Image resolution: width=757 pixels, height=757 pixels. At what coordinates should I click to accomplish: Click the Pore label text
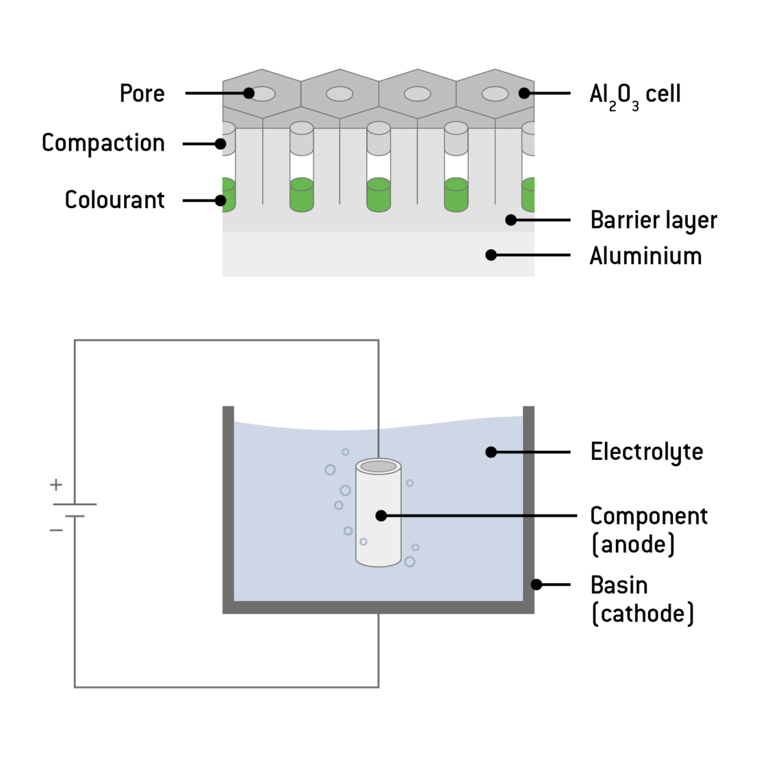[142, 93]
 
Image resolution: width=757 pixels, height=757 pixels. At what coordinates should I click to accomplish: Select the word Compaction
[103, 143]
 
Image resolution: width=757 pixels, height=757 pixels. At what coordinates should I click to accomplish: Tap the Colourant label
[114, 200]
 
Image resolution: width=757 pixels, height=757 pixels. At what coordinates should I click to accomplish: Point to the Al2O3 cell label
[634, 94]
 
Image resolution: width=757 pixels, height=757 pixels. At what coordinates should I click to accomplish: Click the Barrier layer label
[654, 220]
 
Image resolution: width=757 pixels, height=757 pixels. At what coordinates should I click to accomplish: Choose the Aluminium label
[645, 256]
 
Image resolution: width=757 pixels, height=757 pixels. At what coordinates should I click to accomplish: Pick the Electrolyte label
[646, 452]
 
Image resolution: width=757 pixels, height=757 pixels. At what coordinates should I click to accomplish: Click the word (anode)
[633, 545]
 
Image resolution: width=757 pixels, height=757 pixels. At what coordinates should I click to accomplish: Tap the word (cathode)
[642, 613]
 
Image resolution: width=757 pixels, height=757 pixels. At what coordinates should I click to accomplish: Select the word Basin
[619, 585]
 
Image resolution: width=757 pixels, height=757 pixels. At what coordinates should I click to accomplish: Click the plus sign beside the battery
[56, 485]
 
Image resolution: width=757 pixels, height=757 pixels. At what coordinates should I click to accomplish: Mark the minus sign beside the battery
[56, 529]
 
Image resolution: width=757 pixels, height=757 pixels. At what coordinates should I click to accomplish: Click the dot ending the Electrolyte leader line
[491, 452]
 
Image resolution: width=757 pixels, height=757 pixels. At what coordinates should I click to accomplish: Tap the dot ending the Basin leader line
[537, 585]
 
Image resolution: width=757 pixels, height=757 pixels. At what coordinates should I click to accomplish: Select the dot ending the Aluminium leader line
[491, 255]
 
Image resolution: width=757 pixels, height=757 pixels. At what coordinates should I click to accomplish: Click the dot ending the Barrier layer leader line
[511, 220]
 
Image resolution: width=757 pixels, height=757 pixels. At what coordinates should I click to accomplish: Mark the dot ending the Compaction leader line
[220, 144]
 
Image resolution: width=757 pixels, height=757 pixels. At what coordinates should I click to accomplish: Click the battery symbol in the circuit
[75, 510]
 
